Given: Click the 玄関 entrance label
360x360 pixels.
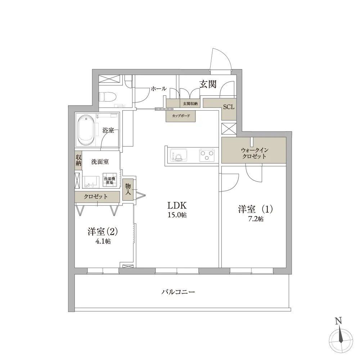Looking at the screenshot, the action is coord(208,84).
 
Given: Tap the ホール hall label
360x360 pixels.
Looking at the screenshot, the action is coord(159,89).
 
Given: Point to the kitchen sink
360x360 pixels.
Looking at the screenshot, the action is coord(178,155).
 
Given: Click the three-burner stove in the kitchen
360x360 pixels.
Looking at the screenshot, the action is coord(207,155).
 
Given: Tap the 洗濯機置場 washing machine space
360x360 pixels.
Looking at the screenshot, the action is coord(109,180).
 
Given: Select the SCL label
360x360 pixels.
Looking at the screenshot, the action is coord(229,107).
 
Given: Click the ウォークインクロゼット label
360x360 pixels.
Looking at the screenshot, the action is coord(255,153).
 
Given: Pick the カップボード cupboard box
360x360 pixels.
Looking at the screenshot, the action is coord(181,116).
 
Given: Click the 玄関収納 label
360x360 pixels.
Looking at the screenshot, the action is coord(190,104).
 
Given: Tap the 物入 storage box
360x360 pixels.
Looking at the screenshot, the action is coord(128,189).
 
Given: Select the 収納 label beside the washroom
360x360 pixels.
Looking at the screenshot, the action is coord(78,161).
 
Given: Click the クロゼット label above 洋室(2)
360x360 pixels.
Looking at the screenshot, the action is coord(95,197).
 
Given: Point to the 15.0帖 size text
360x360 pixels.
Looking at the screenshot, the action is coord(177,215).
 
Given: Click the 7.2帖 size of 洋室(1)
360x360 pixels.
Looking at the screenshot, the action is coord(256,219).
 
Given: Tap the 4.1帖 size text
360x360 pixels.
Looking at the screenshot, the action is coord(103,241).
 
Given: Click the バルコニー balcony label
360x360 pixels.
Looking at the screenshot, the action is coord(178,292).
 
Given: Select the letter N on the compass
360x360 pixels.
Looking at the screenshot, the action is coord(338,321).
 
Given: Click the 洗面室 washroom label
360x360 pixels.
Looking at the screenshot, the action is coord(100,162).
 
